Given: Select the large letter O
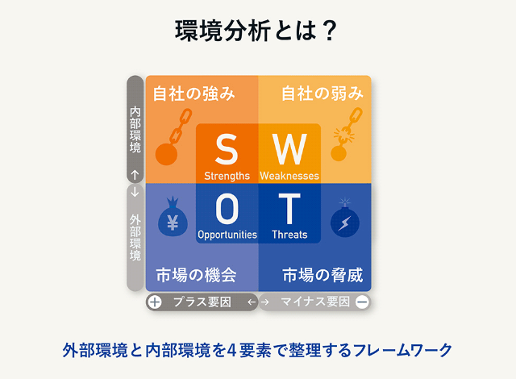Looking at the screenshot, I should pos(227,210).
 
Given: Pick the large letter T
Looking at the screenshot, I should pos(289,210).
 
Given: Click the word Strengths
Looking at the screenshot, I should pos(227,175).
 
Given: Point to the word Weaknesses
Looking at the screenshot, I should pos(289,175).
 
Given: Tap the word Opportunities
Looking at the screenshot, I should pos(227,235).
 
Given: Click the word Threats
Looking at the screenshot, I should pos(289,235).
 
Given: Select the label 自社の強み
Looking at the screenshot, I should pos(193,94).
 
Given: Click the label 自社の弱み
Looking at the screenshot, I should pos(322,94).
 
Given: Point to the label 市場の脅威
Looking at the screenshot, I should pos(322,275).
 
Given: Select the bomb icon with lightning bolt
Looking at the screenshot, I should pos(345,218).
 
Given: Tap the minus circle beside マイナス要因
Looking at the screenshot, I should pos(362,302).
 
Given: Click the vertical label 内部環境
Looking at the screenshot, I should pos(135,130).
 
